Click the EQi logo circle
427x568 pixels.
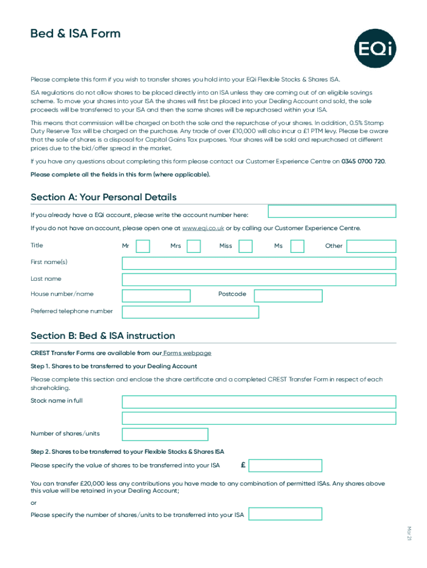pyautogui.click(x=375, y=49)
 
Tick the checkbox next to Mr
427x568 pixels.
pyautogui.click(x=143, y=246)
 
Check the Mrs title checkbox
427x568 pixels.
pyautogui.click(x=194, y=246)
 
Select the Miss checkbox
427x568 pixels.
pyautogui.click(x=245, y=246)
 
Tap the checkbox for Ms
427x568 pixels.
pyautogui.click(x=297, y=246)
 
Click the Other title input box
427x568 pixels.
pyautogui.click(x=371, y=246)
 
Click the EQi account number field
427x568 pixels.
pyautogui.click(x=332, y=211)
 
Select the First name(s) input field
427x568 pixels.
pyautogui.click(x=259, y=263)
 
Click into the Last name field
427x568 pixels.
pyautogui.click(x=259, y=280)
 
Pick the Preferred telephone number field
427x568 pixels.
pyautogui.click(x=190, y=312)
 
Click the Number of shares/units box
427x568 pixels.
pyautogui.click(x=165, y=434)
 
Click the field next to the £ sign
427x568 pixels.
pyautogui.click(x=286, y=465)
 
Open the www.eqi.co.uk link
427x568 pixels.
pyautogui.click(x=203, y=228)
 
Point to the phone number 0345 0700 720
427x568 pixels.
pyautogui.click(x=363, y=161)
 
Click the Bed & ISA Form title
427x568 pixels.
pyautogui.click(x=75, y=34)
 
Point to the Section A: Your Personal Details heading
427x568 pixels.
pyautogui.click(x=104, y=197)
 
